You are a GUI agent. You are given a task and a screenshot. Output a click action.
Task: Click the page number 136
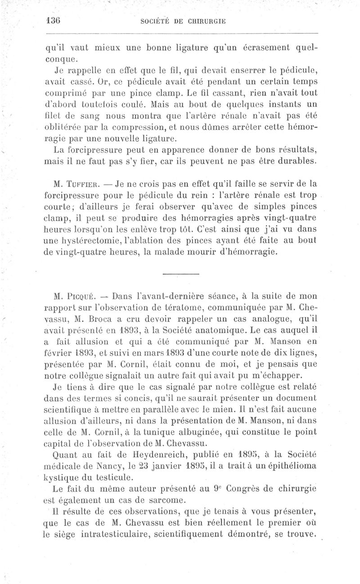click(x=53, y=21)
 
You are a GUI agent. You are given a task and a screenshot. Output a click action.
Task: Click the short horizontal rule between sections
click(x=180, y=273)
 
